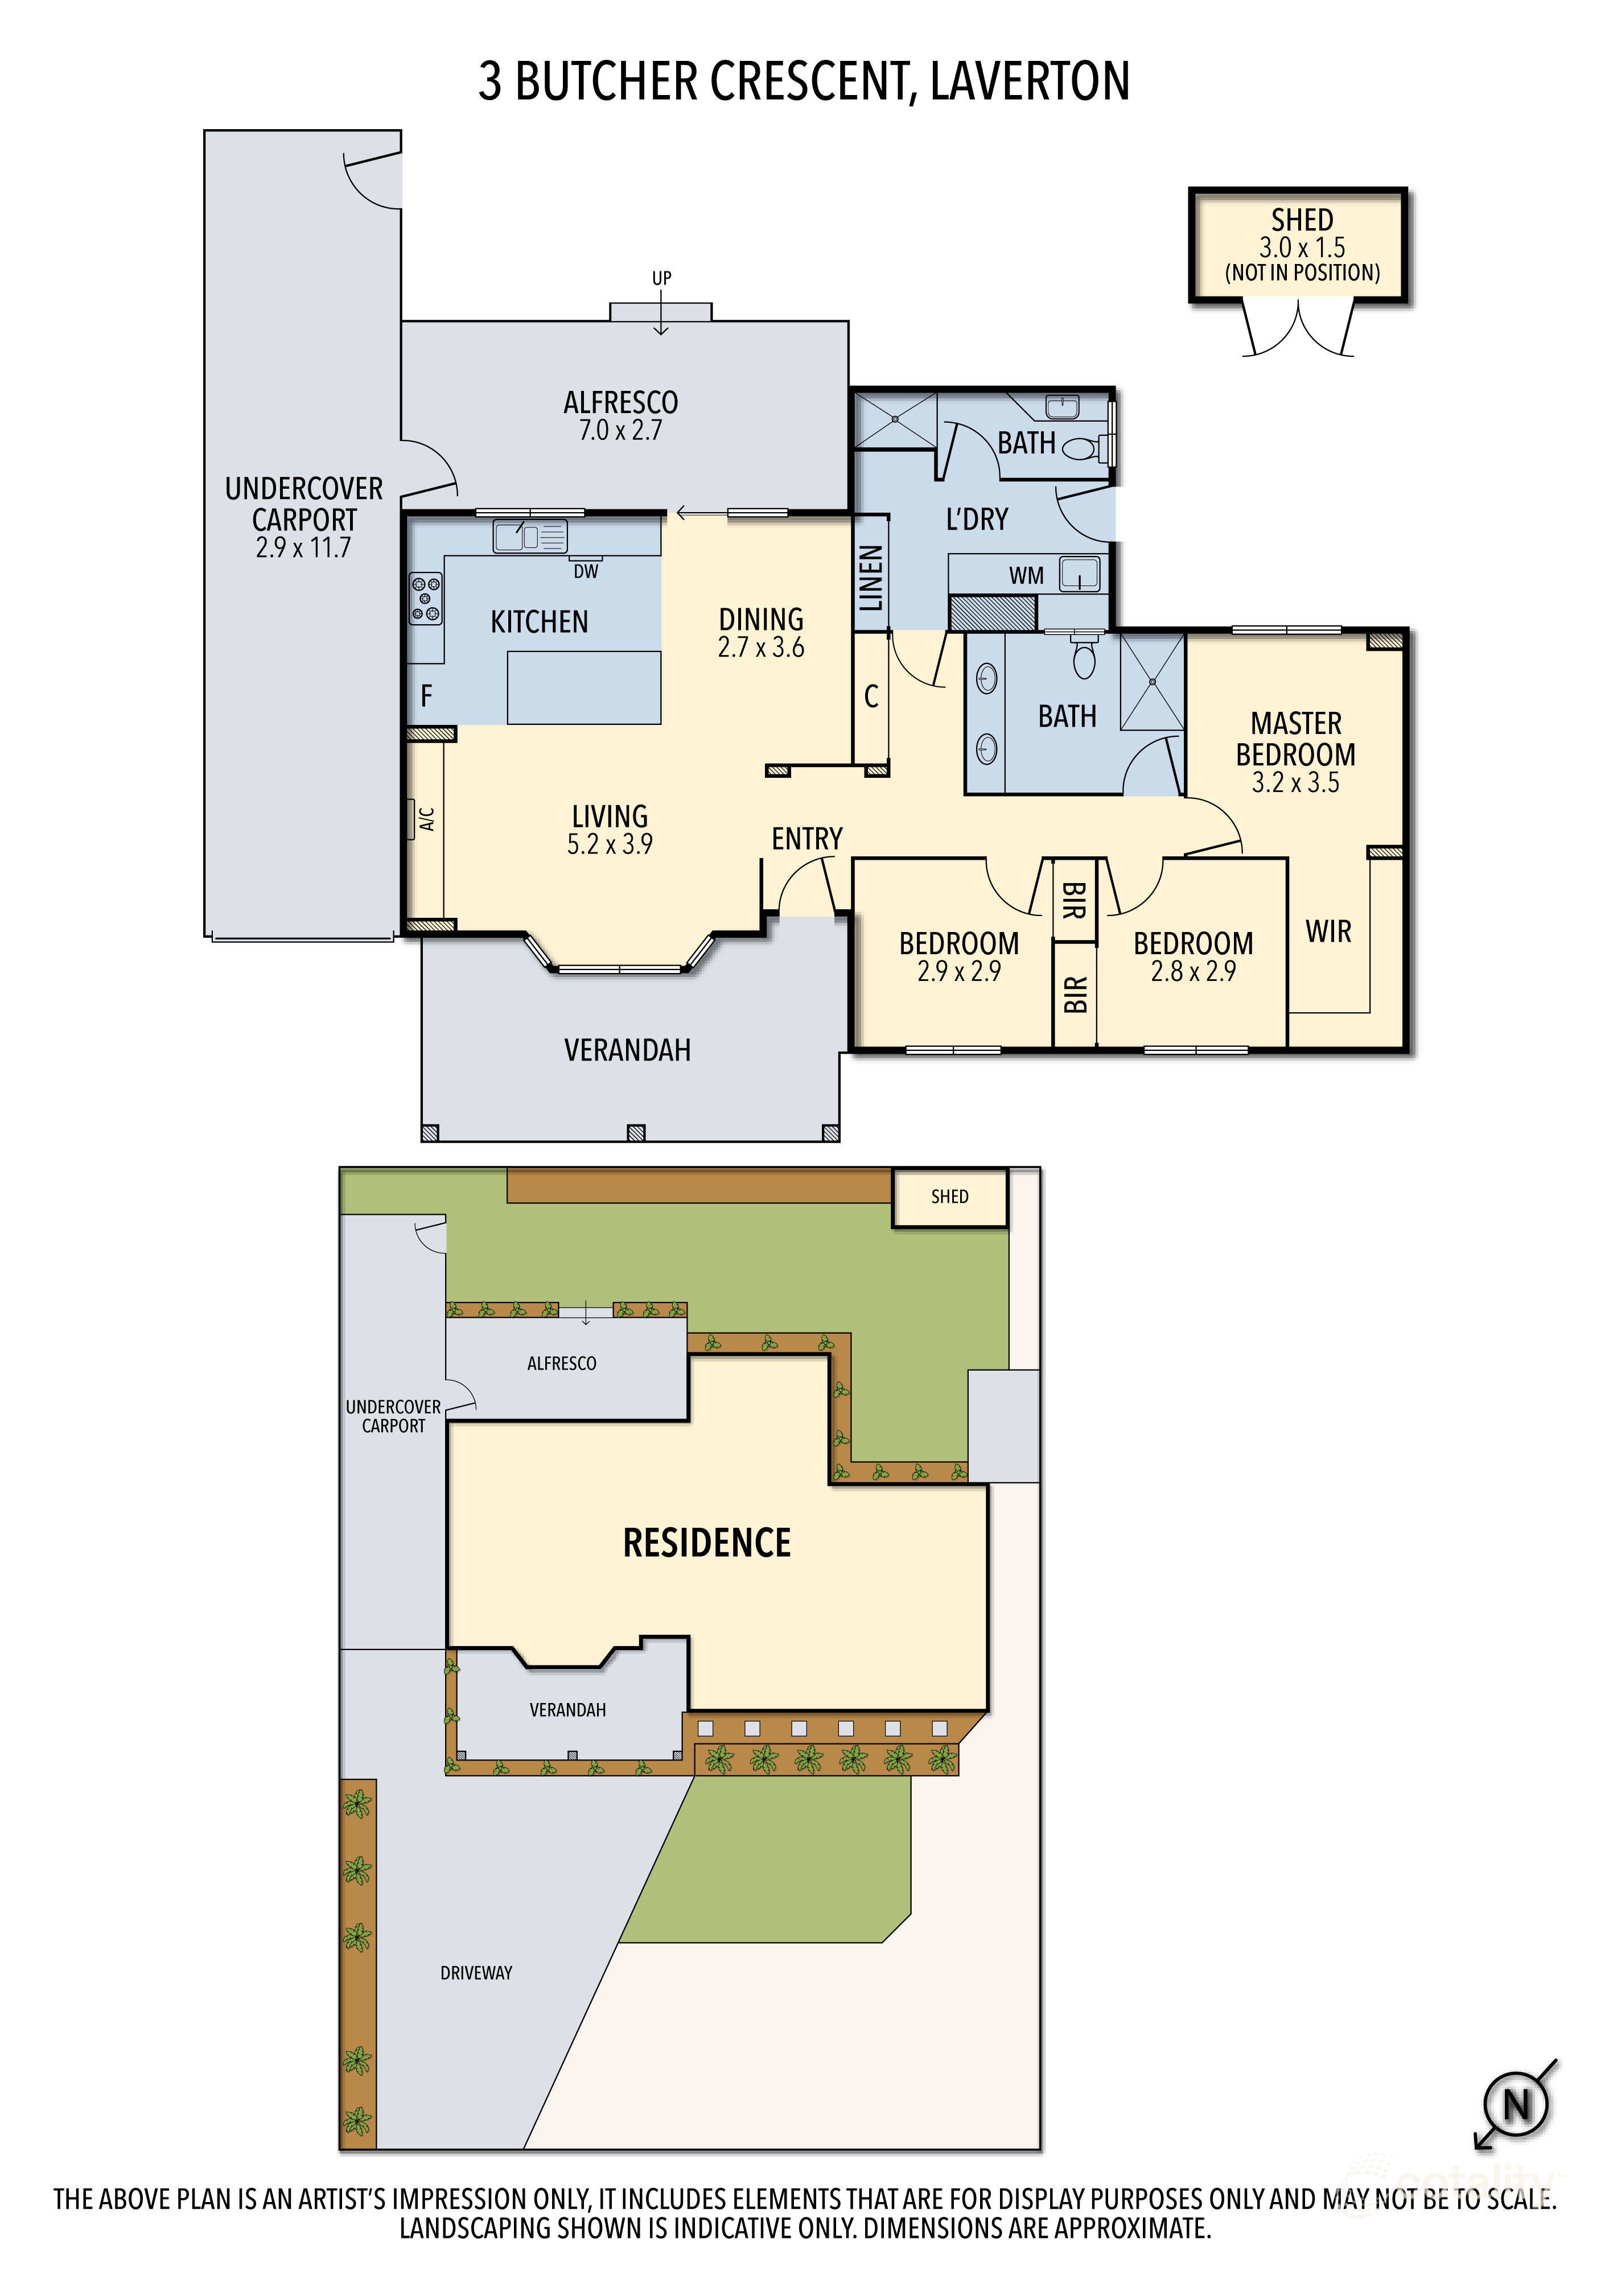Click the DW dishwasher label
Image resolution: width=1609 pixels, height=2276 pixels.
(586, 571)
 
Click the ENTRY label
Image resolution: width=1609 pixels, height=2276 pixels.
(807, 839)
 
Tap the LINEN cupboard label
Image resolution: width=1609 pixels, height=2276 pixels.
(870, 578)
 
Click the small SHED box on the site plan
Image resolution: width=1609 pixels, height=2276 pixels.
(949, 1197)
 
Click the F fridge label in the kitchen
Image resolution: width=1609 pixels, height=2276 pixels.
(426, 696)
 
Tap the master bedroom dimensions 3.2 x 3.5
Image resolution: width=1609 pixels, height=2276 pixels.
(1295, 783)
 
